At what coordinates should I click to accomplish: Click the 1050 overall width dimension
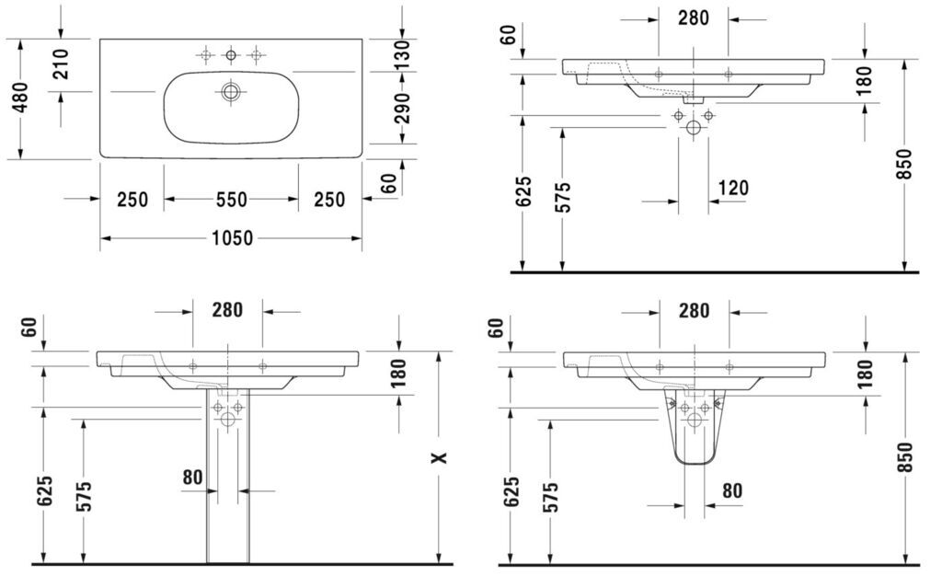[233, 238]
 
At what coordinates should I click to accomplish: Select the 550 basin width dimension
[232, 200]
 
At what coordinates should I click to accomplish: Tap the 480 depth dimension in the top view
[20, 98]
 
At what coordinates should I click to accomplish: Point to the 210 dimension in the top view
[61, 64]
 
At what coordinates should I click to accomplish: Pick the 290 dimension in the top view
[402, 108]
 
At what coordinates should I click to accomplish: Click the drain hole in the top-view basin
[230, 92]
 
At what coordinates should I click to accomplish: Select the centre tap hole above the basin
[231, 56]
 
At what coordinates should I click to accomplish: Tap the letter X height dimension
[440, 458]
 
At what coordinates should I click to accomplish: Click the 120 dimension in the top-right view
[733, 189]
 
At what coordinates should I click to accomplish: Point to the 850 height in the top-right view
[904, 164]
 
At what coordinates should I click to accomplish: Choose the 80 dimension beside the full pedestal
[192, 478]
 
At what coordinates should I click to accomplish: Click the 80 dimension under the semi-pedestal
[731, 491]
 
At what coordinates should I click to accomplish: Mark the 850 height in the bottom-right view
[904, 457]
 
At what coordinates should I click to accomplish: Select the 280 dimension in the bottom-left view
[227, 310]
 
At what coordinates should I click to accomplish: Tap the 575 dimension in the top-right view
[562, 197]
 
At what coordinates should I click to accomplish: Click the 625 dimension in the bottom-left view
[44, 491]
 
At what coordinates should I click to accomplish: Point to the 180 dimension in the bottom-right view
[865, 374]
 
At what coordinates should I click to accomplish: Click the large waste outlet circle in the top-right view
[694, 128]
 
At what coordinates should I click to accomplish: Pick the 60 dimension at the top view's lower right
[389, 183]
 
